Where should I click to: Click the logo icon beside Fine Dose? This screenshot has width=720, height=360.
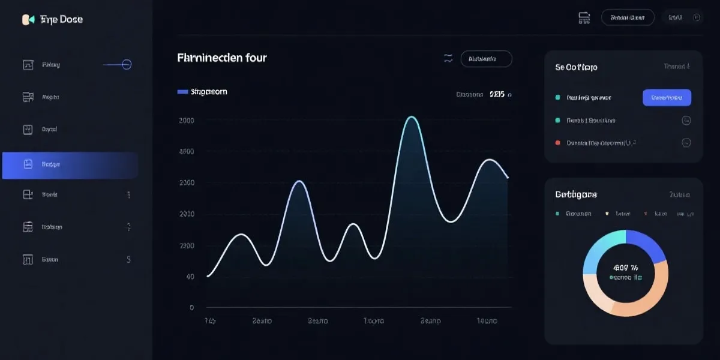28,20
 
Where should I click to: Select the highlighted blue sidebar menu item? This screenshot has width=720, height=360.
70,165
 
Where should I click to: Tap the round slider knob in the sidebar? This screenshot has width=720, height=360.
127,65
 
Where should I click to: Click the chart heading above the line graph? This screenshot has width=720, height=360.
222,58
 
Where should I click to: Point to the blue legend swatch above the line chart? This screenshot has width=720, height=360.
183,92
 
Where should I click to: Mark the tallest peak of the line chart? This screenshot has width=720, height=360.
412,117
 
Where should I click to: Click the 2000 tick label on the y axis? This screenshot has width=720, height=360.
187,121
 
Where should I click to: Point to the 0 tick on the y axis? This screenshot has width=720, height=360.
191,308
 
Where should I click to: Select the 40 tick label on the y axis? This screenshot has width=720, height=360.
190,277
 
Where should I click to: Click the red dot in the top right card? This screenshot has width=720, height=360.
558,143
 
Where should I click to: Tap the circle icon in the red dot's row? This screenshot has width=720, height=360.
686,143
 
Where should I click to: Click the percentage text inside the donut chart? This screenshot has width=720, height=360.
625,268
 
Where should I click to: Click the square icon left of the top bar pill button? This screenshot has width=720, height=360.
583,18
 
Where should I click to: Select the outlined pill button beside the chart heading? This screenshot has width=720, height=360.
486,59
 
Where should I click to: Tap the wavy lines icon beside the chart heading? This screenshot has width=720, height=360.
448,58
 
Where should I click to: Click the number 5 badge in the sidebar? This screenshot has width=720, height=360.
128,260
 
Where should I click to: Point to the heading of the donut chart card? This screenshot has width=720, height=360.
576,194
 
